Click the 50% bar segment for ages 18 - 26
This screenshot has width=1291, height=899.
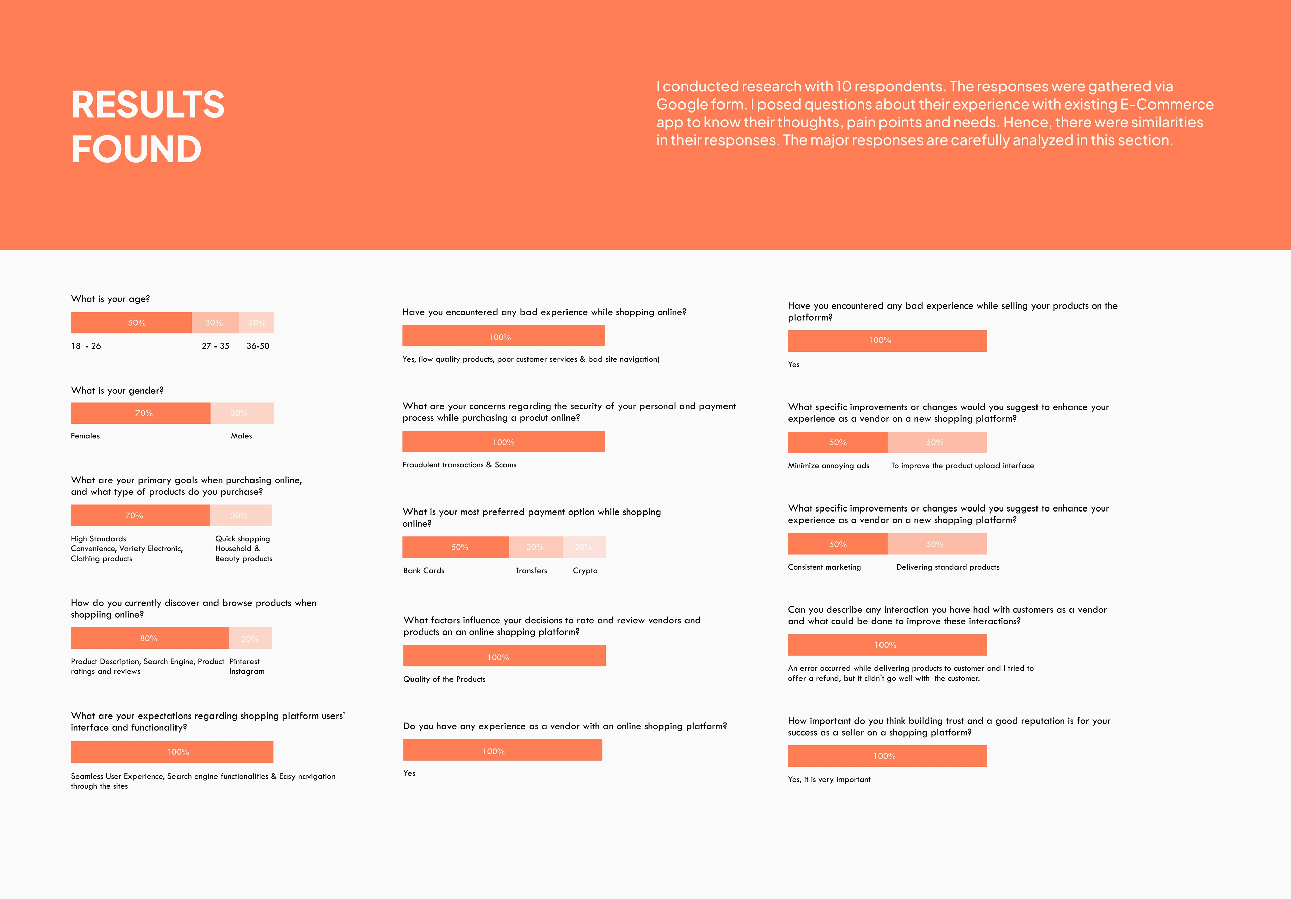pos(131,323)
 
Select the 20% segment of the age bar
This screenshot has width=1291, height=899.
pos(257,323)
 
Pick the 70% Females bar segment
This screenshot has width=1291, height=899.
pos(141,413)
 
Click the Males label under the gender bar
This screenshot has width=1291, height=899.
pos(241,436)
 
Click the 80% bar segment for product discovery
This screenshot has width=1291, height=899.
pos(149,638)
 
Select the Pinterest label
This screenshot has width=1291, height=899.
pos(245,662)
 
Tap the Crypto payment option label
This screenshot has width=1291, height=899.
pos(585,571)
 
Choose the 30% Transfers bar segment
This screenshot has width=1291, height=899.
pos(535,547)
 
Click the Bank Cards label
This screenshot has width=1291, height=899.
pos(424,571)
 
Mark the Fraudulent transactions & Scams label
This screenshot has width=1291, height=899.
pos(459,465)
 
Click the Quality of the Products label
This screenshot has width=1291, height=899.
pos(444,679)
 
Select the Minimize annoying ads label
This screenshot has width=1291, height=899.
pos(828,466)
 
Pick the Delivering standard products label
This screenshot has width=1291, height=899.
pos(947,567)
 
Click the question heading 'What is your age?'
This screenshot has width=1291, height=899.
pos(110,299)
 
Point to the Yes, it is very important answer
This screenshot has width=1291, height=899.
pos(829,780)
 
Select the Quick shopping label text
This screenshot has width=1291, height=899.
pos(242,539)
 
